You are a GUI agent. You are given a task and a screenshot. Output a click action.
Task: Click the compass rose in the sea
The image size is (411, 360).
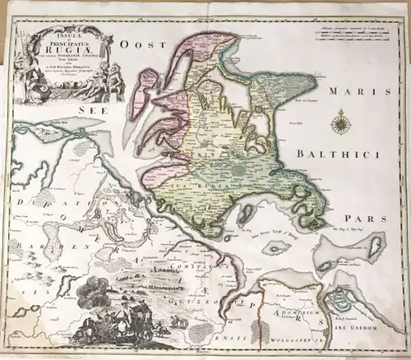pyautogui.click(x=339, y=124)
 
